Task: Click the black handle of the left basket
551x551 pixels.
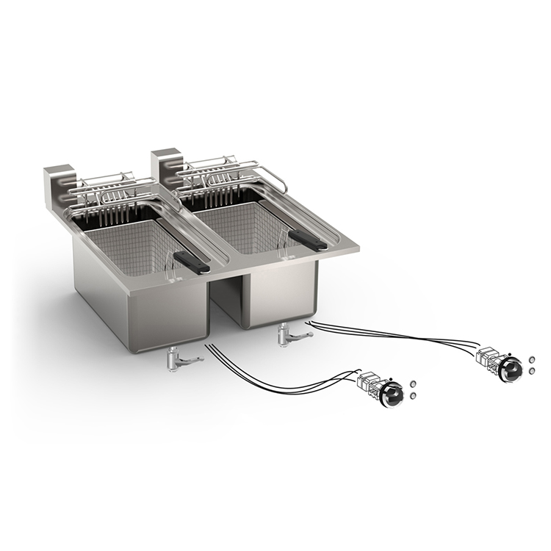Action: pyautogui.click(x=192, y=261)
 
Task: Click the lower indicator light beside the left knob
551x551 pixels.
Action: pyautogui.click(x=412, y=396)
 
